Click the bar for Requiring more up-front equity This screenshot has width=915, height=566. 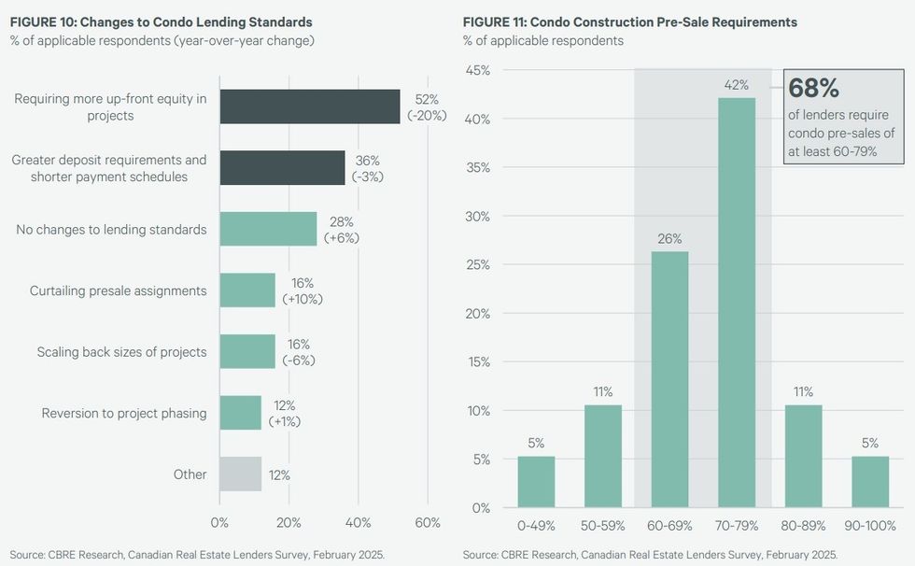pos(310,106)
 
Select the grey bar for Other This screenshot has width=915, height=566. pos(240,474)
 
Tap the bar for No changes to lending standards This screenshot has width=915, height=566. pos(268,229)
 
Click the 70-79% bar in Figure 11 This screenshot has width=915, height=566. pos(736,303)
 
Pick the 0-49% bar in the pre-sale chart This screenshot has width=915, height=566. pos(536,482)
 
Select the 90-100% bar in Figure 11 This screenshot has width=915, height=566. pos(869,482)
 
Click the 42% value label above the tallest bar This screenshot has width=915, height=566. pos(736,85)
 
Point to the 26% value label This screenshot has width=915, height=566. pos(669,238)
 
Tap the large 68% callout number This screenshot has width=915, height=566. pos(814,89)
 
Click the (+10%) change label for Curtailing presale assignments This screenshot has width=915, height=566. pos(302,299)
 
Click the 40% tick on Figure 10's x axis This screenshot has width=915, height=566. pos(359,522)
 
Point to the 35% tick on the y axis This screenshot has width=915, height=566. pos(478,168)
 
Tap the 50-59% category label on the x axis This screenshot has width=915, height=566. pos(602,526)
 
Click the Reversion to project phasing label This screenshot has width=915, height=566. pos(124,413)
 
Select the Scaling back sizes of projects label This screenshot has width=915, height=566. pos(121,352)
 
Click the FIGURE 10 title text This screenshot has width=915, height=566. pos(161,21)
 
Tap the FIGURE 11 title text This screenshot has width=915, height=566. pos(629,21)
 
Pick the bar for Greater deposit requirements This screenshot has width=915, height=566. pos(282,168)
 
